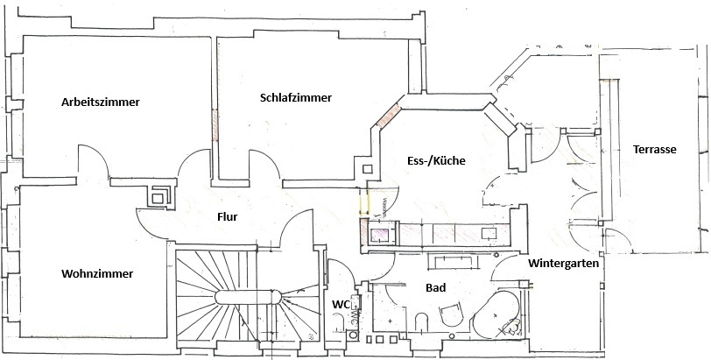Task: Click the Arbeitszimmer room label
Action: point(100,102)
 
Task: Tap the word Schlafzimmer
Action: point(296,97)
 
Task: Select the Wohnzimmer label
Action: point(97,273)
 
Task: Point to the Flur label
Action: point(227,216)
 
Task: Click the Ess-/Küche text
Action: point(436,160)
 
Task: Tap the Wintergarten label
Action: point(563,263)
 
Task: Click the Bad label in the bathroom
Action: point(435,287)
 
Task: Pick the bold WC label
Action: point(341,305)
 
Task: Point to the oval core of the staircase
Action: point(249,297)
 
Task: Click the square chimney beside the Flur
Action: point(160,197)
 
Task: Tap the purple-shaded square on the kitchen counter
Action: point(379,236)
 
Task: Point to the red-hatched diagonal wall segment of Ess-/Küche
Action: point(389,116)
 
